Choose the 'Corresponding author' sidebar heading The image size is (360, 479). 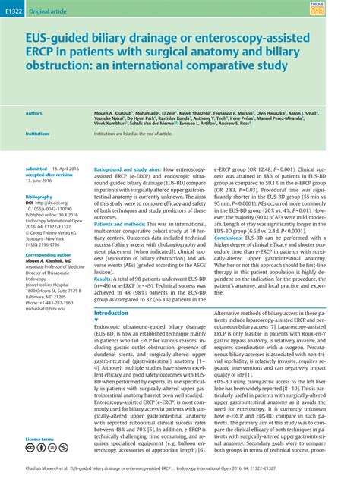[49, 256]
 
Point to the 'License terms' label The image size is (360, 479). [39, 440]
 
